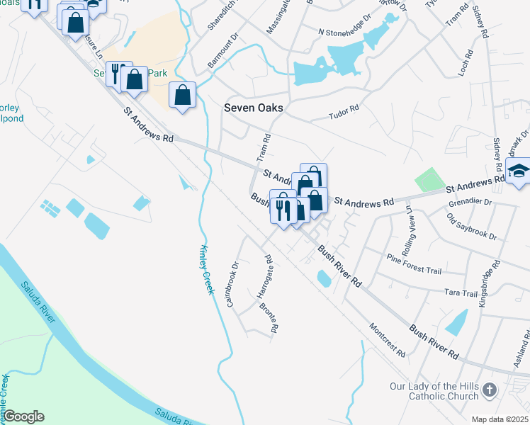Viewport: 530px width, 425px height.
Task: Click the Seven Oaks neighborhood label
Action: click(x=254, y=108)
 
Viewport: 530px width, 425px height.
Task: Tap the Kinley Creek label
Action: click(x=205, y=269)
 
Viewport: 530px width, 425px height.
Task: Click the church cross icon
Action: click(x=489, y=390)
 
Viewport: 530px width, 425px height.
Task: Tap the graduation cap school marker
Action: click(x=519, y=171)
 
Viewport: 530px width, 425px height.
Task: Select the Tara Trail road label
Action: click(x=461, y=293)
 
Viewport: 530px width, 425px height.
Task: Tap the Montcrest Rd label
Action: click(x=387, y=340)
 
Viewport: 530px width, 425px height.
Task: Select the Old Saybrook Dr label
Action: click(x=472, y=225)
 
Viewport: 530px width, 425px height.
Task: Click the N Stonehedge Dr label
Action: click(x=345, y=33)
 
